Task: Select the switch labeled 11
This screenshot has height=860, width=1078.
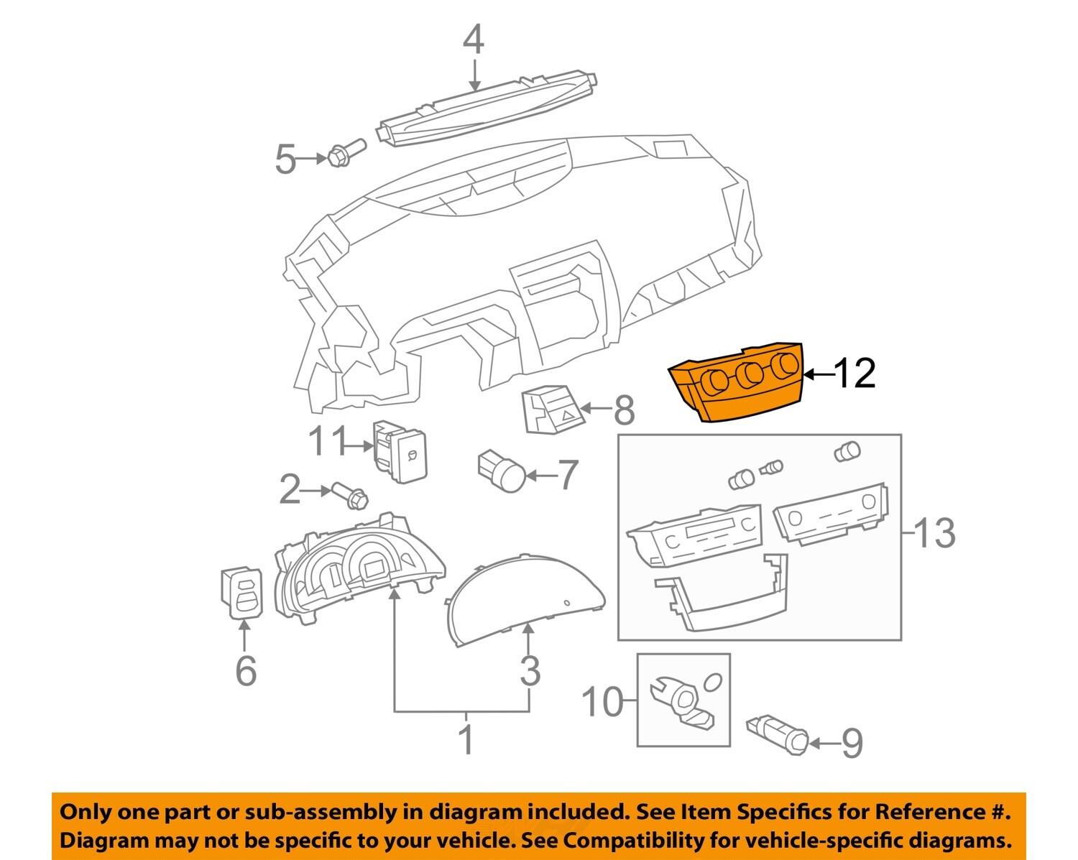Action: click(400, 451)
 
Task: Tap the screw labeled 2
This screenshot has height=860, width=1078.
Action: click(350, 496)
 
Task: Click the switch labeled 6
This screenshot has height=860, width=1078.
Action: click(242, 593)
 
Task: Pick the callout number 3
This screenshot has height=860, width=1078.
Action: click(530, 670)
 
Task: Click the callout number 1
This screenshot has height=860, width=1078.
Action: click(466, 739)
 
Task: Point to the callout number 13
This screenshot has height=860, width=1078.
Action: click(935, 533)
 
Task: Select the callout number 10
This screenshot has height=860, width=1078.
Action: click(603, 701)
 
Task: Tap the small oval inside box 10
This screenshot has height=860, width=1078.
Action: click(713, 682)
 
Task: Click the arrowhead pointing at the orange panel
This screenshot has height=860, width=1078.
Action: click(810, 374)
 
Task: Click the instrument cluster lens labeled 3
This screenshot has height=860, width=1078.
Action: click(525, 599)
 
